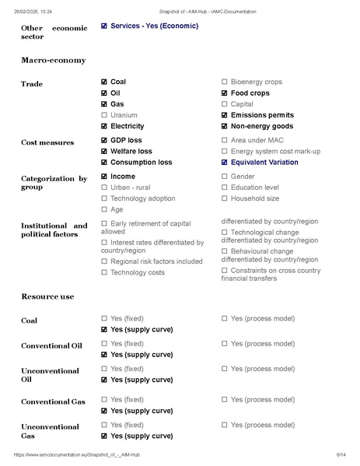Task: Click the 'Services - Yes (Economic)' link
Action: pyautogui.click(x=154, y=26)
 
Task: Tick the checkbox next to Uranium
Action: pyautogui.click(x=105, y=115)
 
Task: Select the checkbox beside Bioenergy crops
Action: pyautogui.click(x=225, y=82)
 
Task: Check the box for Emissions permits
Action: pyautogui.click(x=225, y=115)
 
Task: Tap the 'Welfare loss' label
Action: pyautogui.click(x=131, y=152)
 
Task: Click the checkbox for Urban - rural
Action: pyautogui.click(x=105, y=187)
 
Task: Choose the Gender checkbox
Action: pyautogui.click(x=225, y=177)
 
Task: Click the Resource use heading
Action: pyautogui.click(x=47, y=296)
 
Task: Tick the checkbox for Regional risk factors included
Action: pyautogui.click(x=105, y=261)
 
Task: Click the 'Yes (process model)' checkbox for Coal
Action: pyautogui.click(x=225, y=318)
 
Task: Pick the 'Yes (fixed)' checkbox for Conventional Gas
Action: pyautogui.click(x=105, y=399)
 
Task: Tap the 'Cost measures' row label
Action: pyautogui.click(x=47, y=143)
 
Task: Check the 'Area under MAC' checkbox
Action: pyautogui.click(x=225, y=140)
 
